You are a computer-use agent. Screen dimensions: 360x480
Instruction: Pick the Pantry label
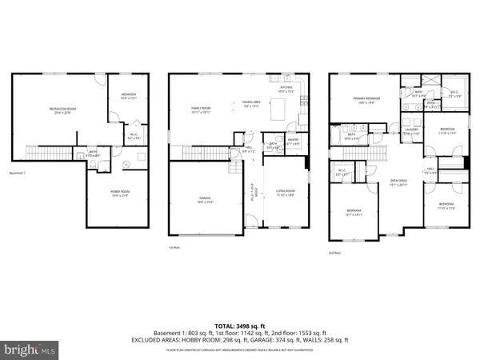point(293,140)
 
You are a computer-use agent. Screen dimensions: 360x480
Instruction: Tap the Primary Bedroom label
point(366,100)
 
